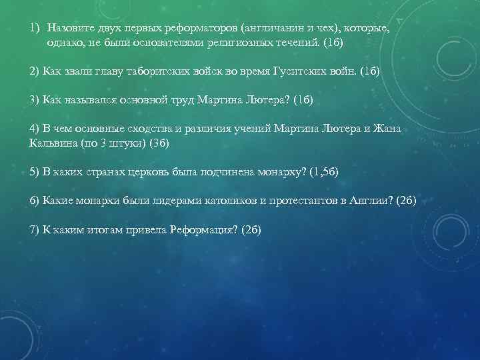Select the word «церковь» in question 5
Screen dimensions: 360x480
point(171,171)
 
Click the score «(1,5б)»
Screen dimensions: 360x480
point(324,171)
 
